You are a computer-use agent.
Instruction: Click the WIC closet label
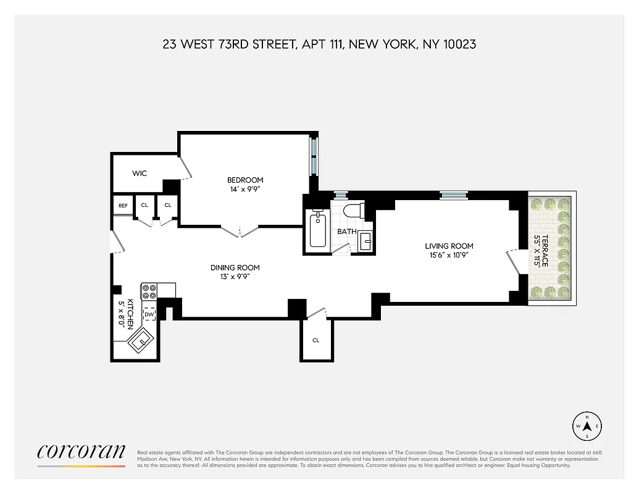(x=140, y=174)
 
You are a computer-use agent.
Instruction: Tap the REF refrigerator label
(x=123, y=205)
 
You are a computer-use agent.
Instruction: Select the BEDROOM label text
(x=245, y=180)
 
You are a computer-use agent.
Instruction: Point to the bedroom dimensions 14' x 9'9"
(x=245, y=190)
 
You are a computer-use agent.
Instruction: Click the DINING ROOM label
(x=235, y=267)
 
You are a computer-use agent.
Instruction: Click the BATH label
(x=346, y=232)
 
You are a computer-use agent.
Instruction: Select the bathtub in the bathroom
(x=317, y=231)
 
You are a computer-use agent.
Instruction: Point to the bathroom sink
(x=365, y=241)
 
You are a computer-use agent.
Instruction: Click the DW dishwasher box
(x=149, y=314)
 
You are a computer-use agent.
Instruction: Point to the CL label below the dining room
(x=315, y=340)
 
